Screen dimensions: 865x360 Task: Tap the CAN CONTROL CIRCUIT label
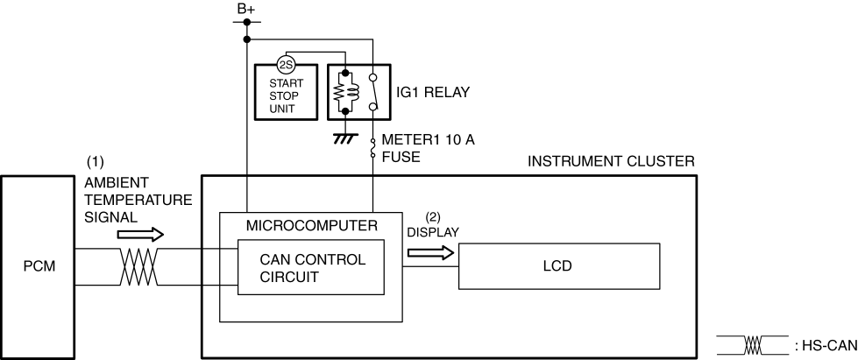312,268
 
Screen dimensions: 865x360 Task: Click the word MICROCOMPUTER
312,225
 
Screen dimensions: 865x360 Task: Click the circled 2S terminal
286,65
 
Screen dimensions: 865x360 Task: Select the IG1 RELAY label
433,93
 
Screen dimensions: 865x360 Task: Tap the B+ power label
246,9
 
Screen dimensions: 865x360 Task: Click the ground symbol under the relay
345,138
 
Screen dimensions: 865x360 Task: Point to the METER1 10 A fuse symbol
373,148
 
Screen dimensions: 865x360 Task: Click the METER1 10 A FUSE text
428,148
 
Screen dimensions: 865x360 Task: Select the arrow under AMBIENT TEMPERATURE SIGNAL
141,234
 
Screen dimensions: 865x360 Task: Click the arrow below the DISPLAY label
431,252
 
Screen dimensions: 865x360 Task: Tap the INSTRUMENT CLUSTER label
611,161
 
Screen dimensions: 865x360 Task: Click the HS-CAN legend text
826,346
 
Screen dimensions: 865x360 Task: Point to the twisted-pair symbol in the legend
753,345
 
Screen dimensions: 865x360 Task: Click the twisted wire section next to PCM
138,267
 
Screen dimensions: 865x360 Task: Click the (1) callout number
95,162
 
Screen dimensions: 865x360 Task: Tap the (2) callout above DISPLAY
433,217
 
